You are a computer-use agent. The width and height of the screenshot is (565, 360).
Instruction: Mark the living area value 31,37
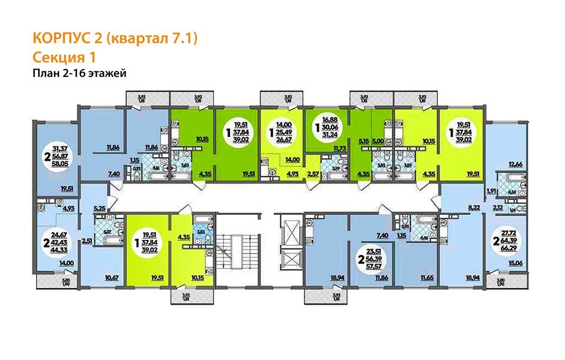60,148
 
